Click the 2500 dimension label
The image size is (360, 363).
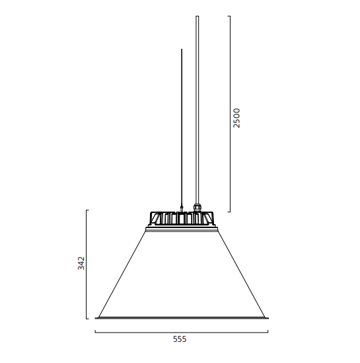coord(236,118)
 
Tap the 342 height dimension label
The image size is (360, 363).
coord(81,263)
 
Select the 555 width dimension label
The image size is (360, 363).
coord(180,339)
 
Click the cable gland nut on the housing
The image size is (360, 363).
coord(197,208)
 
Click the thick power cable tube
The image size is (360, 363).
coord(198,110)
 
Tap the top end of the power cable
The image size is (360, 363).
coord(198,16)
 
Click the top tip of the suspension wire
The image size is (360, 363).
coord(182,49)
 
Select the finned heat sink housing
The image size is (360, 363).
coord(182,219)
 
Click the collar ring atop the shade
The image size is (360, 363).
coord(182,229)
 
